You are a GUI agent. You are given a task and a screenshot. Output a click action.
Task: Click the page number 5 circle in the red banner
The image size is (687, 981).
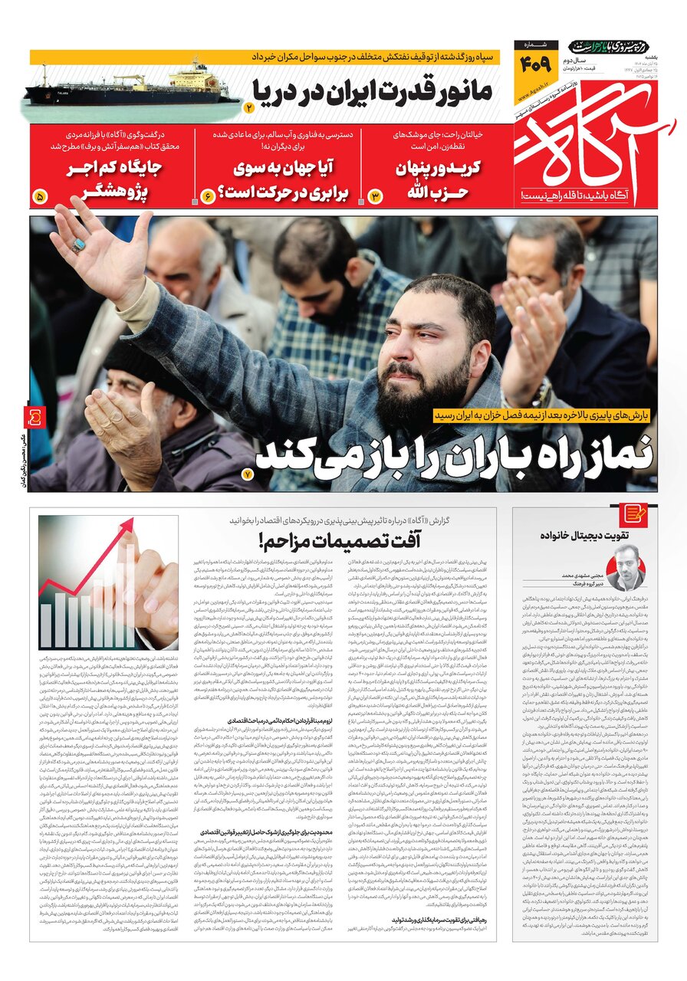41,197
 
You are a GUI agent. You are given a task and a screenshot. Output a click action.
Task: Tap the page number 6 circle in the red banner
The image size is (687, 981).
207,197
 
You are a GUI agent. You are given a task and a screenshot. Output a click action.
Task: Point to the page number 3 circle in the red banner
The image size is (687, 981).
376,197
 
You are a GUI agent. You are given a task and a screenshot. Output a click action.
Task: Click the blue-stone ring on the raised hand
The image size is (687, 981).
78,245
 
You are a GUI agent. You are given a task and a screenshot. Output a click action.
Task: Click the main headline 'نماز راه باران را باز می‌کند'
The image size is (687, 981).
452,454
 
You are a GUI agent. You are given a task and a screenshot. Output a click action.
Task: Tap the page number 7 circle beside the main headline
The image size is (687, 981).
247,475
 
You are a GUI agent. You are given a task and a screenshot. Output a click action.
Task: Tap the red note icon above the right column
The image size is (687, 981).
635,513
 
